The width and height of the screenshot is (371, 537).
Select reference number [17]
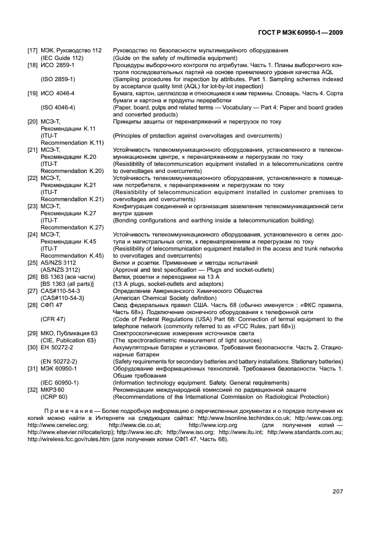point(33,52)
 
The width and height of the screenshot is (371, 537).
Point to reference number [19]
point(33,93)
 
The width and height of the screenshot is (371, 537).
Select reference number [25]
point(33,262)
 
